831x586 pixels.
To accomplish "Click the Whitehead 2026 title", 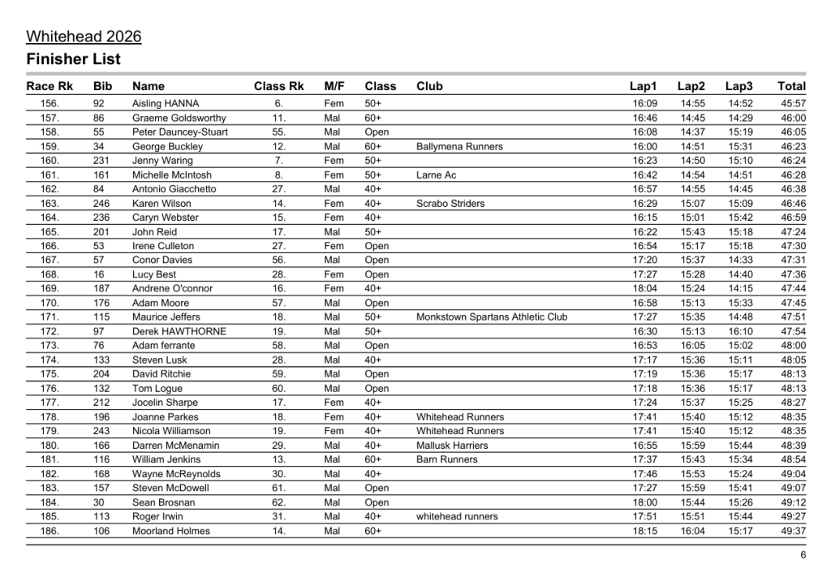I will pos(84,37).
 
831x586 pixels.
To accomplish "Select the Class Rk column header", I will pos(278,86).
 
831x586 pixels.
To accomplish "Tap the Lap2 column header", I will pos(691,86).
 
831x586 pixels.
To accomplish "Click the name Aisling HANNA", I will pos(166,104).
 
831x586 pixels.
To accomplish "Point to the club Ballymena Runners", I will pos(459,147).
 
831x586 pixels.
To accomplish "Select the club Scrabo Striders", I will pos(450,204).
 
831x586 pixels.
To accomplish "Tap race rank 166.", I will pos(50,246).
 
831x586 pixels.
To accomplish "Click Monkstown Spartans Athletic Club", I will pos(492,317).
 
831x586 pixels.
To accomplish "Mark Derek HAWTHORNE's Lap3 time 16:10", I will pos(740,331).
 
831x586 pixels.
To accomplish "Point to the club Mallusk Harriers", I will pos(452,446).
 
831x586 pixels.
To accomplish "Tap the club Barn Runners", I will pos(447,459).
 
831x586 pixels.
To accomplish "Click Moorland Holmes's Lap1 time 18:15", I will pos(644,531).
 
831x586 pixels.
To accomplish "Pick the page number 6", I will pos(803,556).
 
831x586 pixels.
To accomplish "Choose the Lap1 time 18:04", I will pos(644,289).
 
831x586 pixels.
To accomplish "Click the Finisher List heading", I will pos(73,59).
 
